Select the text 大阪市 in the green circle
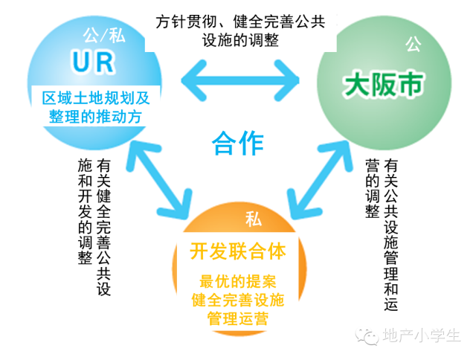[x=382, y=84]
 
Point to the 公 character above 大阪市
[x=411, y=46]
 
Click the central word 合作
[x=238, y=142]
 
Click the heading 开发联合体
[x=238, y=251]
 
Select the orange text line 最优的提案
[x=238, y=282]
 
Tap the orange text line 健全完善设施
[x=238, y=300]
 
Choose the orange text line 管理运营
[x=238, y=319]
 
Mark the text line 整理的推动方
[x=96, y=118]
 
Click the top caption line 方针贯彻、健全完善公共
[x=240, y=22]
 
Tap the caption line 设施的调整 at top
[x=240, y=41]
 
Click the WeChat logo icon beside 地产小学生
[x=367, y=335]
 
